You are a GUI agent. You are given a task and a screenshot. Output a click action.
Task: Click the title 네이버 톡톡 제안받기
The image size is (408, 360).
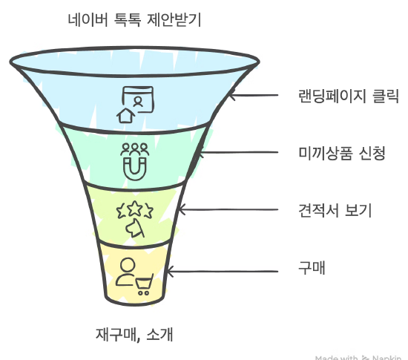tap(134, 19)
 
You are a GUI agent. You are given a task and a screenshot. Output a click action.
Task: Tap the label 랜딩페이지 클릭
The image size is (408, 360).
tap(349, 96)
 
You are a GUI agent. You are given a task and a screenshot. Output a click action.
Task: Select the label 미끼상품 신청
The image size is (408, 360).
tap(342, 153)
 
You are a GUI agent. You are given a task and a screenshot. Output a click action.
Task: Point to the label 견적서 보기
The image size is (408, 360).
tap(335, 210)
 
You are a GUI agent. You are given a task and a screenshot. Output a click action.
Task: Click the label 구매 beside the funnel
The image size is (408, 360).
tap(312, 267)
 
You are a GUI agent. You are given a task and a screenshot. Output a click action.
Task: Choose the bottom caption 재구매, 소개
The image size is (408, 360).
tap(134, 334)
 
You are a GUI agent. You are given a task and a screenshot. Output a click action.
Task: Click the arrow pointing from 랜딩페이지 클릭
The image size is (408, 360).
tap(254, 95)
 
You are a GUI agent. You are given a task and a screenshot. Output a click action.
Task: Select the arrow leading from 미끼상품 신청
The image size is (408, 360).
tap(238, 152)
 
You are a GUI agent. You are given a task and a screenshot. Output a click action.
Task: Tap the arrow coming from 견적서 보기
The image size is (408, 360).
tap(228, 209)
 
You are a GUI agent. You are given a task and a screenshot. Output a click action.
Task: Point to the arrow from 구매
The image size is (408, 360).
tap(223, 272)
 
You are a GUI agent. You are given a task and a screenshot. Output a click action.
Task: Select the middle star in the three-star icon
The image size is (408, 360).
tap(135, 208)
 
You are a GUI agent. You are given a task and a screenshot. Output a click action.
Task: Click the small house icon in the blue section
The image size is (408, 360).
tap(125, 116)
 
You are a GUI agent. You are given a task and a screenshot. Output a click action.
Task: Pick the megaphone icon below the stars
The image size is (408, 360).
tap(135, 228)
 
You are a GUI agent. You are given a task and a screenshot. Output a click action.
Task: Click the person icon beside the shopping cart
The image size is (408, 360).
tap(126, 272)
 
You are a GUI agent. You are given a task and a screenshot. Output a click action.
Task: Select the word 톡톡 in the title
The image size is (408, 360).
tap(128, 19)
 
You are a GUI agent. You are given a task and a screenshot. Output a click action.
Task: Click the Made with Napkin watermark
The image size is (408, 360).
tap(358, 357)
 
